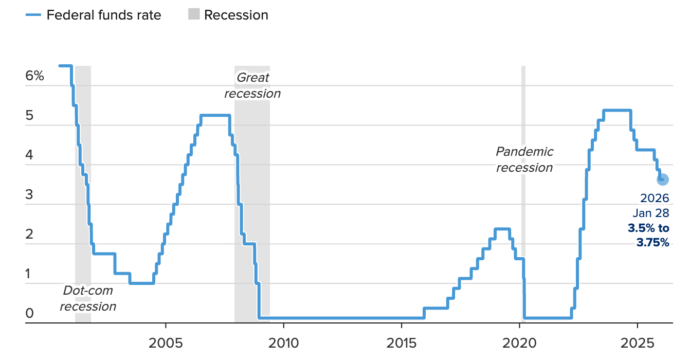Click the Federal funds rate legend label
coord(103,15)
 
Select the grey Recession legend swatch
coord(193,15)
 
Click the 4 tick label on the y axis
coord(29,155)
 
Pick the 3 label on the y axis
coord(29,194)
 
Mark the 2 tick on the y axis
coord(29,234)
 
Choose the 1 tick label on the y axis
coord(29,274)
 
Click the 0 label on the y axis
coord(29,313)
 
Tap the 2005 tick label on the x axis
coord(166,343)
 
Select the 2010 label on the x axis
coord(283,343)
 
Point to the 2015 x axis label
coord(401,343)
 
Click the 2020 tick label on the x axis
coord(519,343)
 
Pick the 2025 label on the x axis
coord(637,343)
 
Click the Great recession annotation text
coord(252,86)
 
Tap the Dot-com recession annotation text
coord(88,299)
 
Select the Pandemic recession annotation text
coord(524,159)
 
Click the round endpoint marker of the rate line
coord(662,179)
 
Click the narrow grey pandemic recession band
coord(523,231)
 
